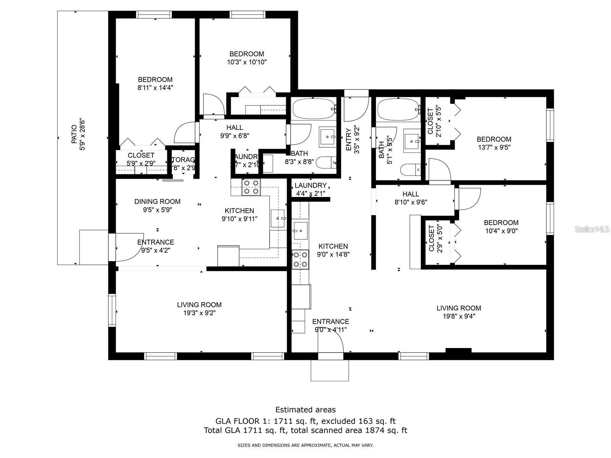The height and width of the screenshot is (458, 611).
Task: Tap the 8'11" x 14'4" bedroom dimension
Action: [x=155, y=87]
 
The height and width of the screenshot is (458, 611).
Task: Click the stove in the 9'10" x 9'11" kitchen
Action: [x=251, y=187]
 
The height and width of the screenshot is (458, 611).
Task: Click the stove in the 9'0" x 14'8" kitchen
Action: [x=300, y=260]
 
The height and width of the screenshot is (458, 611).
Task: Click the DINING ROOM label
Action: [x=157, y=202]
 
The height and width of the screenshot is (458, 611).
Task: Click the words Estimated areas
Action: [x=305, y=410]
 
